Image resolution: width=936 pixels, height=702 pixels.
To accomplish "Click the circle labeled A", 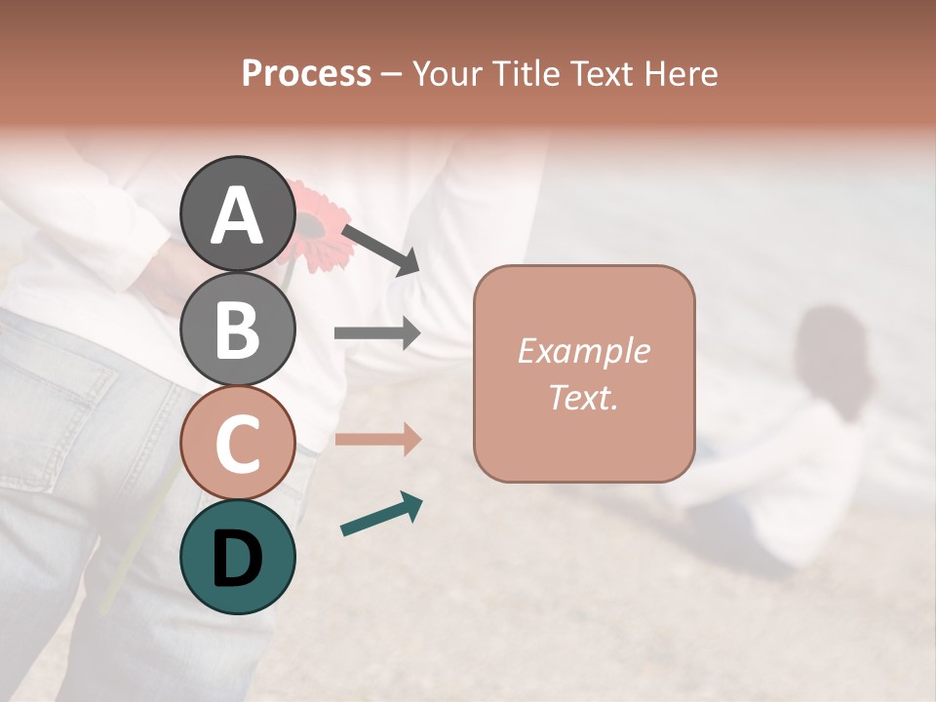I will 238,214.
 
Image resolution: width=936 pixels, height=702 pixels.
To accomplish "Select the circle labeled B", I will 238,329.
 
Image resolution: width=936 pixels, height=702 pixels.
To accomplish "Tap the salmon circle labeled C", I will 238,444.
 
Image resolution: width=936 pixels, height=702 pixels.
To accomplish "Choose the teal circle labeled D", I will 238,557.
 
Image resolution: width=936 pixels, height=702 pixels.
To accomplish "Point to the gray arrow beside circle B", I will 377,333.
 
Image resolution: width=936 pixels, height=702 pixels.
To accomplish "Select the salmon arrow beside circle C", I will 377,439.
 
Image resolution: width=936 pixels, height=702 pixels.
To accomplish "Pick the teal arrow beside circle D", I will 381,515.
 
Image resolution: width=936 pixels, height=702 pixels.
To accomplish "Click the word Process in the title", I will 306,74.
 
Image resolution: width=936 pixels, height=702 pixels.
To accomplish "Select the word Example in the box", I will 583,352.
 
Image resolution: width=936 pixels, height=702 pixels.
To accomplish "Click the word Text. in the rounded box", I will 583,398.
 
